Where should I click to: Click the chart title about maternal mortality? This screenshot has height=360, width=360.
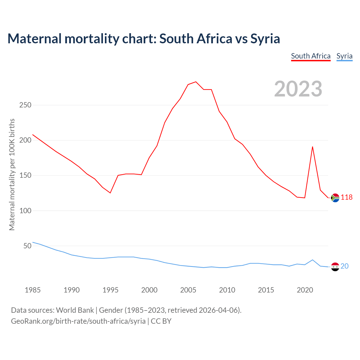click(144, 39)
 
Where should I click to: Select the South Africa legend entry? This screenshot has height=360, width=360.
click(310, 56)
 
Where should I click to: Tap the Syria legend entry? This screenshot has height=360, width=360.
click(344, 56)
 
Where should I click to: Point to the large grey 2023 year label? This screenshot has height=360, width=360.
click(298, 89)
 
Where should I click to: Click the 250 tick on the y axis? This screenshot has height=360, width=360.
click(25, 105)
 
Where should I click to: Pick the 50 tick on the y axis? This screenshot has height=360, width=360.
click(27, 246)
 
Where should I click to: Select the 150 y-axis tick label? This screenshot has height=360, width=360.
click(25, 175)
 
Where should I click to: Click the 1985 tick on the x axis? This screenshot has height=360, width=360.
click(33, 290)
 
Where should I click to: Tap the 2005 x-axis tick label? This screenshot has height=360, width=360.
click(188, 290)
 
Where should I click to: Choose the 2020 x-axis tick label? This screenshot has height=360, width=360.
click(305, 290)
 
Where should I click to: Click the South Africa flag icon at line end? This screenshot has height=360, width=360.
click(335, 198)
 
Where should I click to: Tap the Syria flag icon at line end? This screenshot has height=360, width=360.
click(335, 267)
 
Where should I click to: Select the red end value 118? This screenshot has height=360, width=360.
click(347, 197)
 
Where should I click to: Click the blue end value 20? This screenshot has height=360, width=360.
click(345, 266)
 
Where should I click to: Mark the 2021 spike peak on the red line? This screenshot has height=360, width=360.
click(312, 147)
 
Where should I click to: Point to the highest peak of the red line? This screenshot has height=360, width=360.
click(196, 82)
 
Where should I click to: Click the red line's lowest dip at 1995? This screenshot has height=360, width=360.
click(110, 193)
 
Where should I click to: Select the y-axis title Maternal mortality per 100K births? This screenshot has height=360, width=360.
click(12, 174)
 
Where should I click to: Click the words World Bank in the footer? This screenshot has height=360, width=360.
click(75, 310)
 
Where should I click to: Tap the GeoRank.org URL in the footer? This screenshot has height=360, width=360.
click(78, 321)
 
